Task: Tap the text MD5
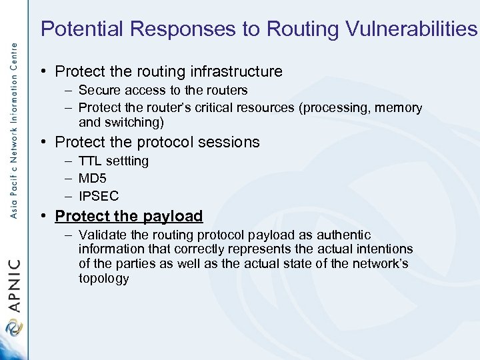(x=92, y=179)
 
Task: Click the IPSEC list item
(x=98, y=196)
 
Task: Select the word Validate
(x=102, y=235)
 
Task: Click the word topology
(x=103, y=279)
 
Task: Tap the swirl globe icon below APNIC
(x=13, y=329)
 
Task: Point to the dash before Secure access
(x=69, y=90)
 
